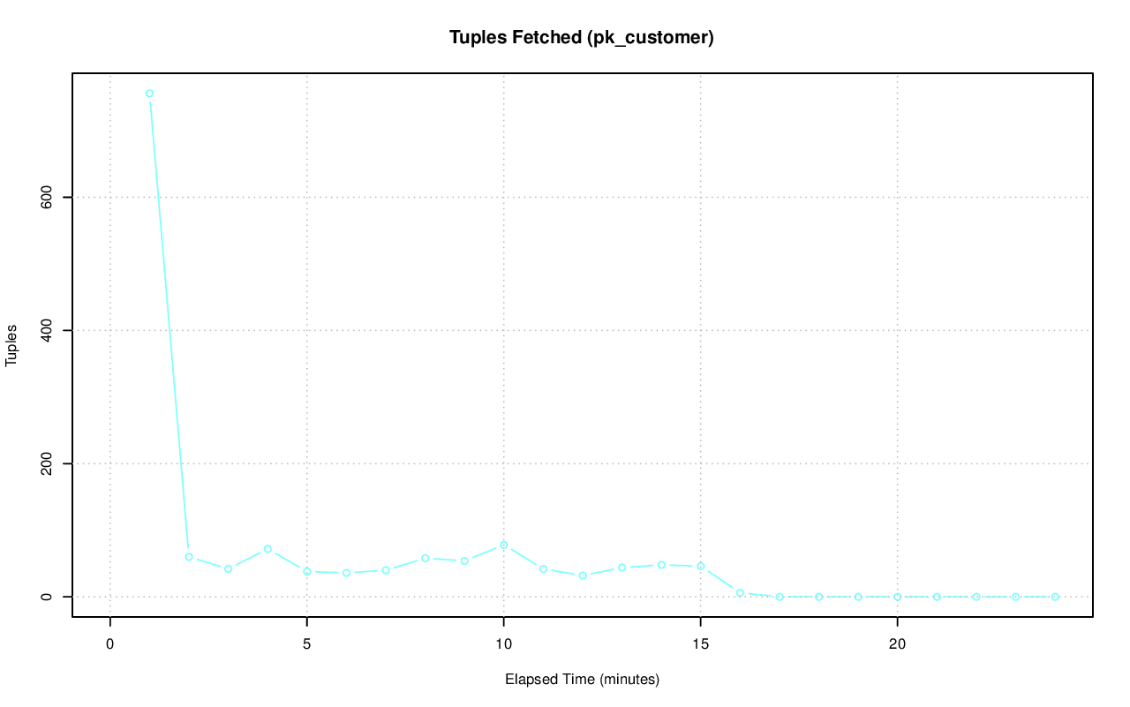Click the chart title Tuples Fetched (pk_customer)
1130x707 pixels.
click(581, 38)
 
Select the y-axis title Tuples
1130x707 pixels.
click(12, 344)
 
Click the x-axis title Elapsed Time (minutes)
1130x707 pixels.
click(582, 680)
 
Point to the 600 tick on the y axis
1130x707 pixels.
click(47, 197)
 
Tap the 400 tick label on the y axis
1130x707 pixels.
click(47, 330)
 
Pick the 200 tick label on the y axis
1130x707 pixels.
click(47, 463)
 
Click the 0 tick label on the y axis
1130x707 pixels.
click(47, 597)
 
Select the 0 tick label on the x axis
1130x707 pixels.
click(110, 643)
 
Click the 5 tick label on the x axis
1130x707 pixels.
click(307, 643)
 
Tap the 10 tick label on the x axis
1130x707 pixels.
click(503, 643)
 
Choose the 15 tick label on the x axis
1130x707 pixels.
click(700, 643)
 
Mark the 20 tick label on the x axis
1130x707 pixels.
click(897, 643)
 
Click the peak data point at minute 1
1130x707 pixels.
click(149, 94)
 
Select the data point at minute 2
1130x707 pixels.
click(189, 557)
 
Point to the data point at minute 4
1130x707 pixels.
click(267, 549)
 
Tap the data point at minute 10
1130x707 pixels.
click(503, 545)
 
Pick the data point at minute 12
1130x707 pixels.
click(583, 575)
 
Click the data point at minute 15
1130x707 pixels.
click(700, 566)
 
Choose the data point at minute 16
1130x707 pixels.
click(740, 593)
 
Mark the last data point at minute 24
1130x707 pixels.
click(1055, 597)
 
